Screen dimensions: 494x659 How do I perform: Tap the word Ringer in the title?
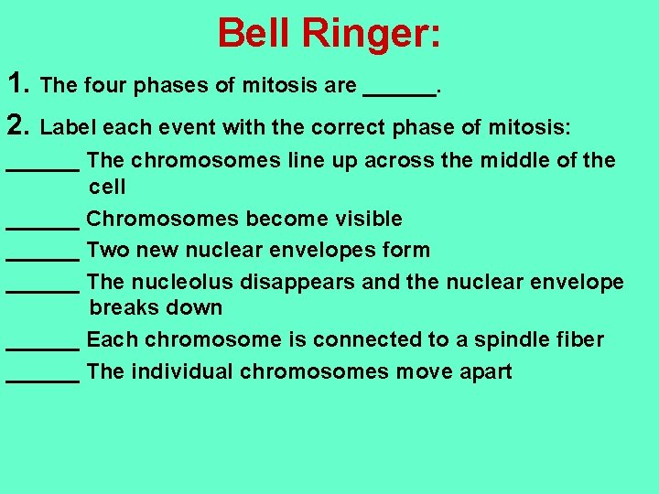(372, 34)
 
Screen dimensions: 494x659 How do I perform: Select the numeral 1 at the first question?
(16, 85)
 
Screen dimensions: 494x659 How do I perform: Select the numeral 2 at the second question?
(16, 124)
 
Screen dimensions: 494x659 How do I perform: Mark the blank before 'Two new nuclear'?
(42, 256)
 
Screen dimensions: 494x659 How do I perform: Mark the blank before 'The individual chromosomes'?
(42, 377)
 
